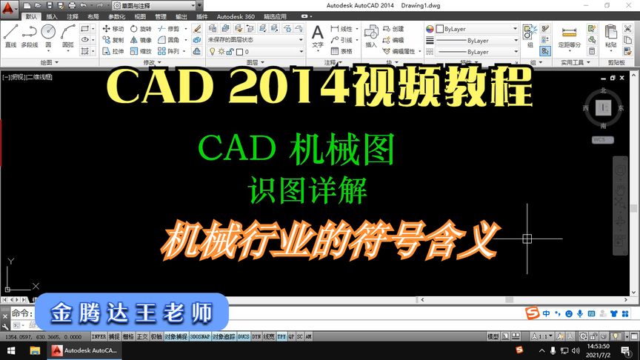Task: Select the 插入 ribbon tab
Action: click(x=52, y=16)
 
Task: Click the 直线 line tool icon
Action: click(x=10, y=34)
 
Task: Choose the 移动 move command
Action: click(x=113, y=29)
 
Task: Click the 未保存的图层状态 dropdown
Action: click(x=255, y=40)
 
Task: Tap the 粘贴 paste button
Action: click(x=610, y=35)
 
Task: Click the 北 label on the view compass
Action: click(x=603, y=90)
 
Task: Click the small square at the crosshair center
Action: click(x=527, y=239)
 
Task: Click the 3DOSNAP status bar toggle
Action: click(x=199, y=336)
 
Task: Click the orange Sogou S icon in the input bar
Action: click(x=531, y=313)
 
